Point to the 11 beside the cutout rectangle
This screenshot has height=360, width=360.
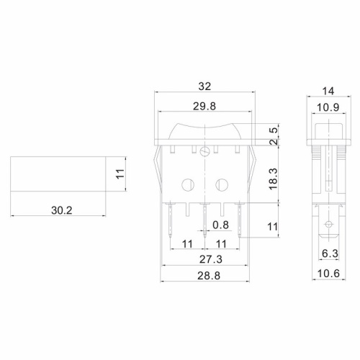[121, 174]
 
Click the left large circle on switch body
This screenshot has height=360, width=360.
[189, 183]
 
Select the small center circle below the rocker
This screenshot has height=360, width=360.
[205, 152]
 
